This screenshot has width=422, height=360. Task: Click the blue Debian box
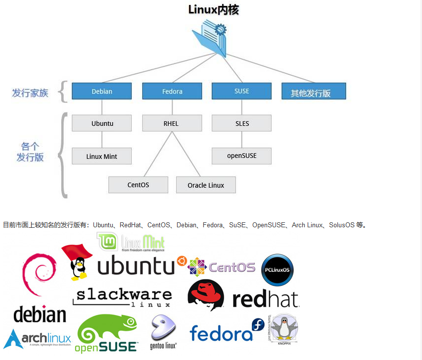[102, 91]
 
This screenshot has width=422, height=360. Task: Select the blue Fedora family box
[172, 91]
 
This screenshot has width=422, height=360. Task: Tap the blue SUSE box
[241, 91]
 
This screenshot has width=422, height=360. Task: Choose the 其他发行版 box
[314, 92]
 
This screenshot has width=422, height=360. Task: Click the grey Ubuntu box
[102, 123]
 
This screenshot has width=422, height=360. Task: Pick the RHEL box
[172, 123]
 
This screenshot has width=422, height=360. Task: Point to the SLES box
[241, 123]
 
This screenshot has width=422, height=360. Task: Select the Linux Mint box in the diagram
[102, 156]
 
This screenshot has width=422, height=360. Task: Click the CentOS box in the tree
[138, 185]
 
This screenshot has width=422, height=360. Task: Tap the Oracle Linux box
[206, 185]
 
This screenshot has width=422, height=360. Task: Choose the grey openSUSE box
[241, 155]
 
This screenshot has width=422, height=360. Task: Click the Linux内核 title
[213, 10]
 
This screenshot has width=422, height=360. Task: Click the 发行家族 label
[31, 93]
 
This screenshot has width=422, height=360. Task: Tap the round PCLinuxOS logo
[277, 270]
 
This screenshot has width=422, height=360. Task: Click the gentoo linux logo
[163, 329]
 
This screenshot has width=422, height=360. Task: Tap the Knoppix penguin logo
[284, 328]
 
